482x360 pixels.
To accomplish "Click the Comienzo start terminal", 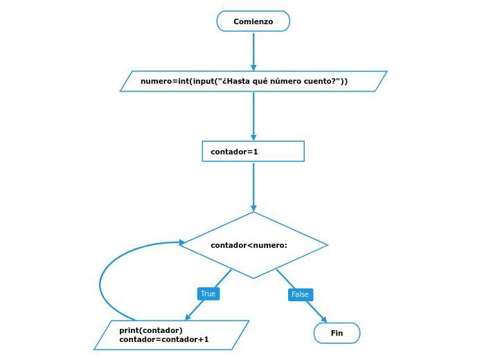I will coord(253,21).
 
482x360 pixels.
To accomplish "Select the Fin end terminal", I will coord(337,333).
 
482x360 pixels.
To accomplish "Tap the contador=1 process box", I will coord(253,152).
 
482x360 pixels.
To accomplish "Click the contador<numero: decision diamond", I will coord(253,245).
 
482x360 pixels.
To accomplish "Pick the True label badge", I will coord(208,294).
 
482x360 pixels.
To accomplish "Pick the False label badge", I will coord(300,294).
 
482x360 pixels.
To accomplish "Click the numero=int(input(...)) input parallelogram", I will coord(253,82).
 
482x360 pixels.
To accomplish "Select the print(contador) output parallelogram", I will coord(171,335).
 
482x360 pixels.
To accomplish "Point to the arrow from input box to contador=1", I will coord(253,115).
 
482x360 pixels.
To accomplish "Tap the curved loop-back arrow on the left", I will coord(101,284).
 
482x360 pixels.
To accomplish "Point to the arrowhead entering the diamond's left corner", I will coord(182,242).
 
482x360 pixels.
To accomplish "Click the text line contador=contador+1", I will coord(163,340).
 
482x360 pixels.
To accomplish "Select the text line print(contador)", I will coord(150,330).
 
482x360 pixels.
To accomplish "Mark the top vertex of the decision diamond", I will coord(253,212).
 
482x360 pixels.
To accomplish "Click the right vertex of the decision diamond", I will coord(327,245).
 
